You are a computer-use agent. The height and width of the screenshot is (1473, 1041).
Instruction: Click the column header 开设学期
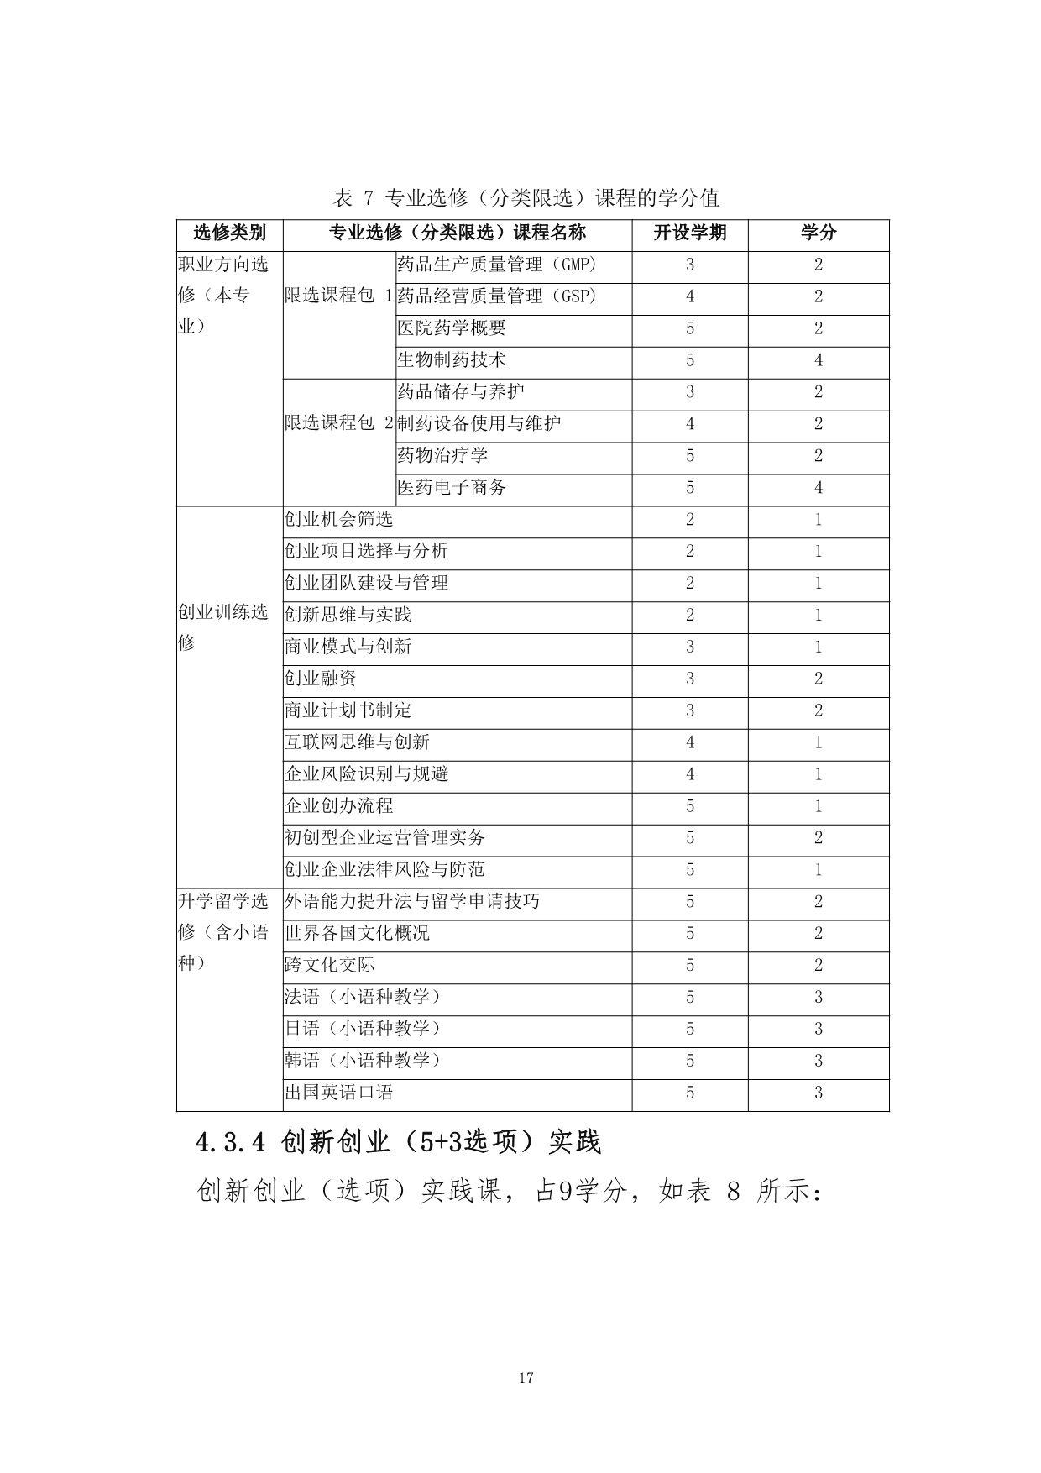tap(689, 233)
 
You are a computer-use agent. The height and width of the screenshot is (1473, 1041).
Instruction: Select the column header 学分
tap(818, 233)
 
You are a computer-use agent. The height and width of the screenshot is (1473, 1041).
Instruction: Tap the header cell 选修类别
tap(229, 233)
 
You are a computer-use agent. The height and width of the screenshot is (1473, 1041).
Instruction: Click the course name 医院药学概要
tap(452, 328)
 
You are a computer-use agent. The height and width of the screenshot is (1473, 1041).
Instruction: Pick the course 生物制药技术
tap(452, 360)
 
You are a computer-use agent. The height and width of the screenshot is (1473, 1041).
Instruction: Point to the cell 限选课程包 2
tap(338, 423)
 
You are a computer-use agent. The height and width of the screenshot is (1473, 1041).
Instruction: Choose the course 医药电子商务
tap(452, 488)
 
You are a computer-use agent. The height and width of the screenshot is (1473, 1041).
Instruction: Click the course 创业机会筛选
tap(338, 520)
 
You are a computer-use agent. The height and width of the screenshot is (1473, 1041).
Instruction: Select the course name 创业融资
tap(320, 679)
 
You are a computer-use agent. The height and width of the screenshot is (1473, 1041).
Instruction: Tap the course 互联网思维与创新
tap(357, 742)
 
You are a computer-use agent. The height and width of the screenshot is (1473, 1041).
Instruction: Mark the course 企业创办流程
tap(338, 806)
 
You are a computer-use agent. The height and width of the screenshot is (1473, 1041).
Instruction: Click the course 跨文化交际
tap(329, 966)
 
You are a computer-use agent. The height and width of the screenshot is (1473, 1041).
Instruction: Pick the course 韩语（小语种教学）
tap(363, 1061)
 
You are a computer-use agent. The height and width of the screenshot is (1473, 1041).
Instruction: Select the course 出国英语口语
tap(338, 1093)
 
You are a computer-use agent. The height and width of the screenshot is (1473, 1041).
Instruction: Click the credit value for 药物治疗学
tap(818, 456)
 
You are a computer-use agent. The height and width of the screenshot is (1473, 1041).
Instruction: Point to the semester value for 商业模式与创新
tap(689, 647)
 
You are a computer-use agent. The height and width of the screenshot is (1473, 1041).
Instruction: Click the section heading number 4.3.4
tap(229, 1142)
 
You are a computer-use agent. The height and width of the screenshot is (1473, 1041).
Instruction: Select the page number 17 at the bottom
tap(526, 1378)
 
